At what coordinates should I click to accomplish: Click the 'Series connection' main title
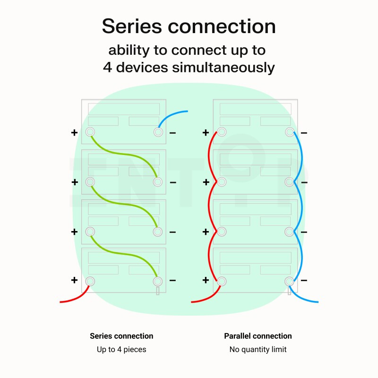pyautogui.click(x=189, y=26)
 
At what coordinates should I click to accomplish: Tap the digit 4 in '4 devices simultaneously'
pyautogui.click(x=107, y=67)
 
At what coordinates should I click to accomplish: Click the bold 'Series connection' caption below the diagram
pyautogui.click(x=121, y=336)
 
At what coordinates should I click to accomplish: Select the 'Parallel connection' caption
pyautogui.click(x=258, y=336)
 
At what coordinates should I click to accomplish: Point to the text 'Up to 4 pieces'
pyautogui.click(x=121, y=349)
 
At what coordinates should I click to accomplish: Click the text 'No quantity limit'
pyautogui.click(x=258, y=349)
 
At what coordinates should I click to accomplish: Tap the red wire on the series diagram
pyautogui.click(x=77, y=297)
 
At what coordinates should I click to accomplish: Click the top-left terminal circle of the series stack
pyautogui.click(x=90, y=132)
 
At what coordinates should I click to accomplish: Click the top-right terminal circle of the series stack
pyautogui.click(x=158, y=132)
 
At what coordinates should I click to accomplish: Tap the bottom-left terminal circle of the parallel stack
pyautogui.click(x=222, y=281)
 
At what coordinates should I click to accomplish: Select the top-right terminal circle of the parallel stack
pyautogui.click(x=290, y=132)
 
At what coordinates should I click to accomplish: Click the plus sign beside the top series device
pyautogui.click(x=74, y=133)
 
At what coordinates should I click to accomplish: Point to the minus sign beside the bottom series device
pyautogui.click(x=172, y=280)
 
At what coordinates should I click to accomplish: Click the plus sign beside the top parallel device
pyautogui.click(x=206, y=133)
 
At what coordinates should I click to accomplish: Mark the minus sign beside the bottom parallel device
pyautogui.click(x=304, y=280)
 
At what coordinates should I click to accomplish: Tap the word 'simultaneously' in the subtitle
pyautogui.click(x=223, y=68)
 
